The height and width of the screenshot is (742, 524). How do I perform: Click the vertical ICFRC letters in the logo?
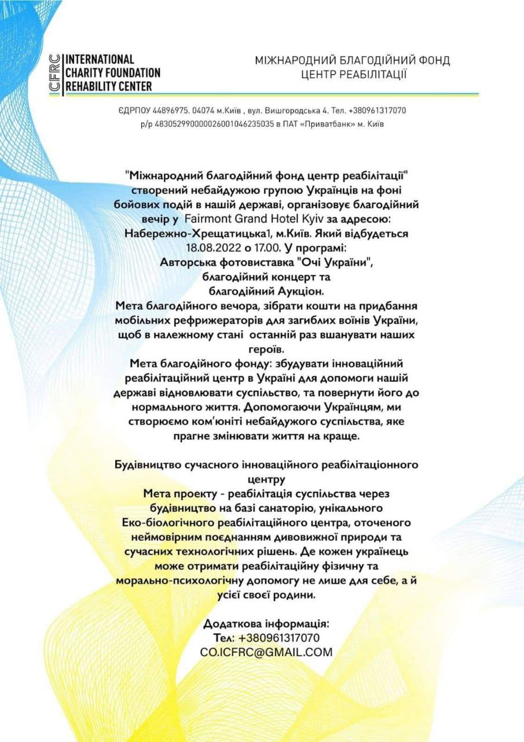click(56, 72)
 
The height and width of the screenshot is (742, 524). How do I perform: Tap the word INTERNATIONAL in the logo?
click(100, 59)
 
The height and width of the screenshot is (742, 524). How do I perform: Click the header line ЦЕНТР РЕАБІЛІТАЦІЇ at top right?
click(354, 74)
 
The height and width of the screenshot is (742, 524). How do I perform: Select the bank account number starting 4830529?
click(219, 123)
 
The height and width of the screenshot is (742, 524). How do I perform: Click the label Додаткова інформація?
click(267, 624)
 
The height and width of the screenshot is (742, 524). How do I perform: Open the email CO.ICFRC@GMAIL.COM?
click(267, 652)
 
